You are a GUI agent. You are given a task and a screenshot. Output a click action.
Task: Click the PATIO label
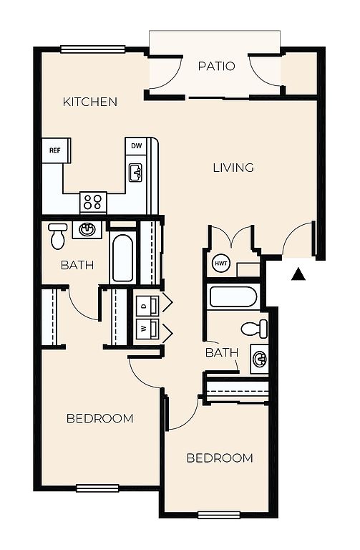[216, 66]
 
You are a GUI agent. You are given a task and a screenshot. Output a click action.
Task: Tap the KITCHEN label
[90, 102]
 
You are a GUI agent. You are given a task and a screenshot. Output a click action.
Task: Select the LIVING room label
[233, 168]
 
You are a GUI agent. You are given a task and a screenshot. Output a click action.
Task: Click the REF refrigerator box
[56, 150]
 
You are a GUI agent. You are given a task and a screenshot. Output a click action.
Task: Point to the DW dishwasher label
[137, 145]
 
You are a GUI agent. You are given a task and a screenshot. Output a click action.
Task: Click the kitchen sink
[135, 173]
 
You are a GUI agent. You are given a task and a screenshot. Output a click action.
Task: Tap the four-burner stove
[93, 203]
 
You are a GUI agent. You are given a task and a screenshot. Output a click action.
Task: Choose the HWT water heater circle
[221, 263]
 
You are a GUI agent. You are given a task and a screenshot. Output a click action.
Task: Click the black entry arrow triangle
[298, 274]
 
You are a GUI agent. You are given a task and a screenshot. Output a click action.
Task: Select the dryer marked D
[147, 306]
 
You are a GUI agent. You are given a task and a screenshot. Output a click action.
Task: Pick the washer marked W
[147, 329]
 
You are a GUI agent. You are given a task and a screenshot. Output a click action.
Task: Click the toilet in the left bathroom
[58, 236]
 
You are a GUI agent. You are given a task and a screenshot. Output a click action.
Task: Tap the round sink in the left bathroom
[87, 230]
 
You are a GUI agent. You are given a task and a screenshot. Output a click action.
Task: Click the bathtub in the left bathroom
[122, 257]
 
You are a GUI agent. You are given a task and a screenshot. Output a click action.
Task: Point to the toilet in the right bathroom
[255, 329]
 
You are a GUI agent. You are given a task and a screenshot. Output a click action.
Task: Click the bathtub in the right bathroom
[232, 297]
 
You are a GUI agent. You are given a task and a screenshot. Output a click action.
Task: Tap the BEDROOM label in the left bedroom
[100, 418]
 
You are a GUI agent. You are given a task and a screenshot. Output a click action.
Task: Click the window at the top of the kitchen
[93, 49]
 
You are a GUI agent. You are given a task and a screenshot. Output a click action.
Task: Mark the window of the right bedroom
[219, 515]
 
